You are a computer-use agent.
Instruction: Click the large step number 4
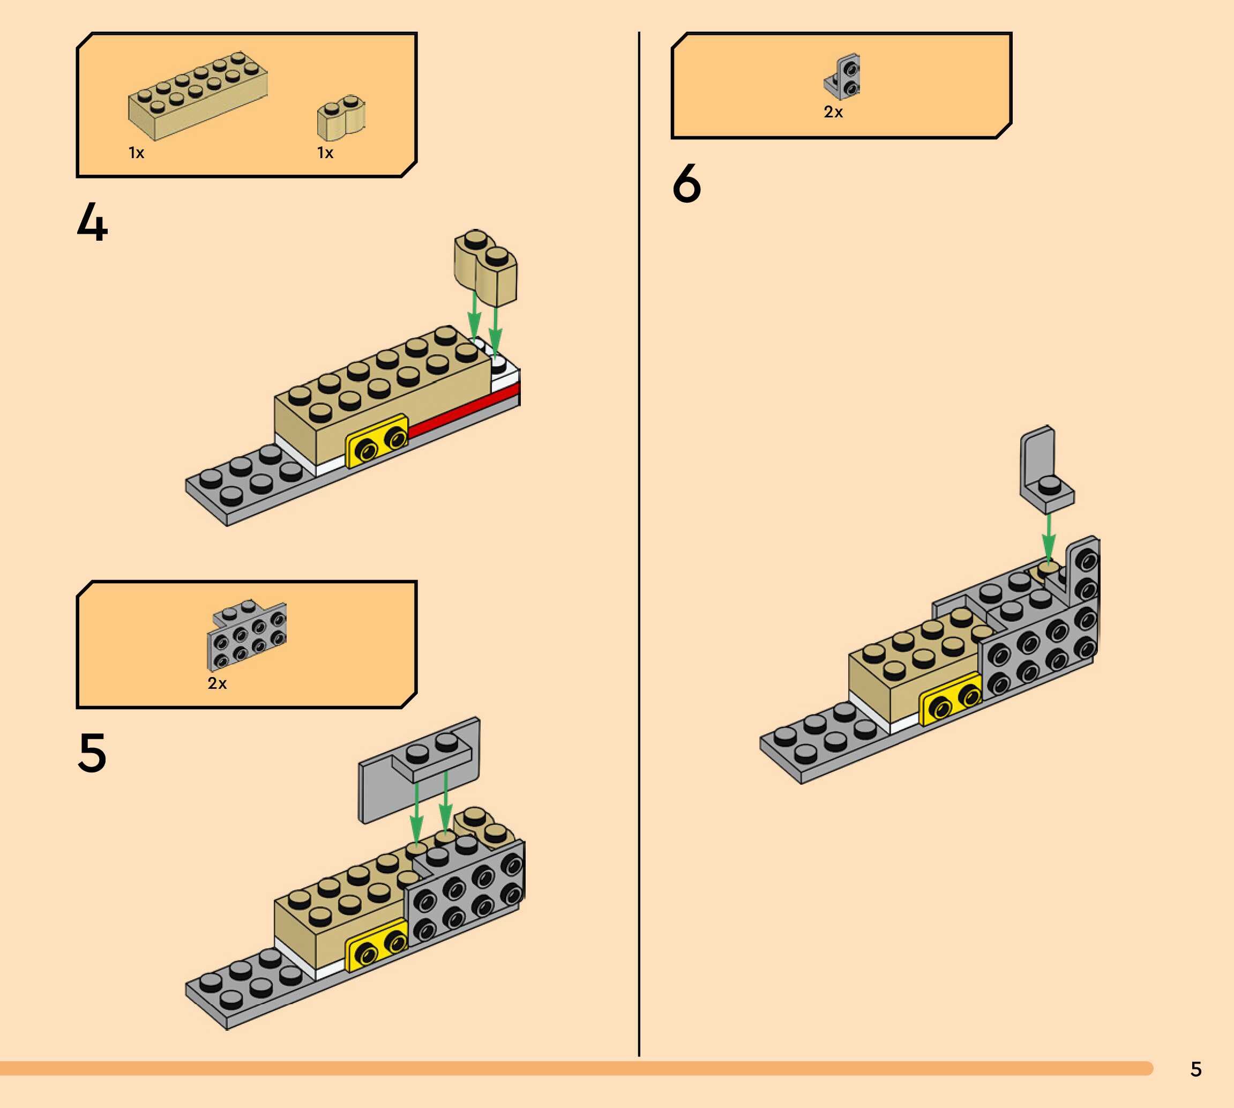click(x=93, y=222)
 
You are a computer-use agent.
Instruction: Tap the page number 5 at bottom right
click(x=1195, y=1069)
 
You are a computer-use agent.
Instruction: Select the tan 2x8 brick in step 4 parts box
click(x=197, y=95)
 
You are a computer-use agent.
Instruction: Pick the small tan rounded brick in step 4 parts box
click(x=341, y=117)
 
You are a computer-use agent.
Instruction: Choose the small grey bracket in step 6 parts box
click(x=843, y=77)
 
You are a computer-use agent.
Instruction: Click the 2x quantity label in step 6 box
click(x=833, y=112)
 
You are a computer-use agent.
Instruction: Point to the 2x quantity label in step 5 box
click(x=216, y=683)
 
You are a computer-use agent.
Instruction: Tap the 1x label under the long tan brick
click(x=136, y=153)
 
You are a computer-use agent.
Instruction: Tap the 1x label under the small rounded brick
click(x=325, y=153)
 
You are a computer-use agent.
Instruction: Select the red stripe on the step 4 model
click(x=462, y=411)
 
